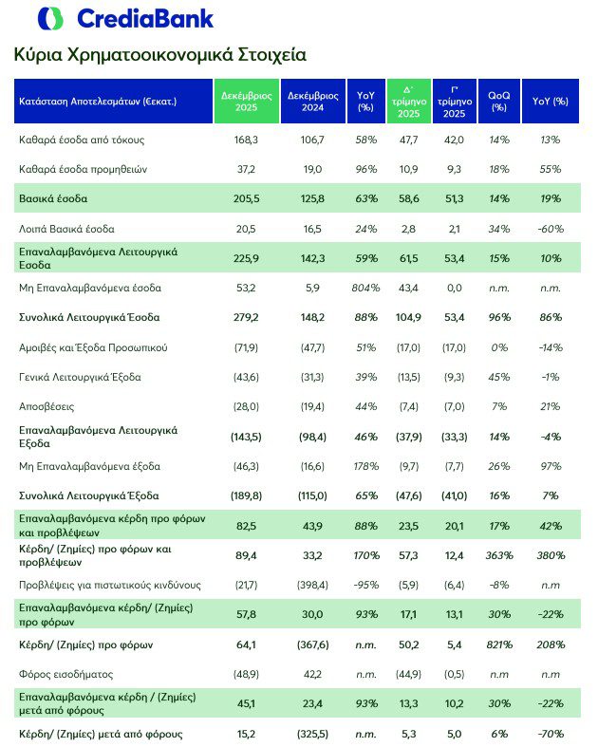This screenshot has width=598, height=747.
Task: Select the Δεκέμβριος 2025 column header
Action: [x=247, y=102]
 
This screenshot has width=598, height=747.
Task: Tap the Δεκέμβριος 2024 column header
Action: [x=314, y=102]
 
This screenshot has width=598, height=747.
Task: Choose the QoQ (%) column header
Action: [x=498, y=102]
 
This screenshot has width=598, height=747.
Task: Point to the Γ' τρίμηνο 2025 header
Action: [x=452, y=101]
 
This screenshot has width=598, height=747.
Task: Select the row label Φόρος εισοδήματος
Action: [x=64, y=674]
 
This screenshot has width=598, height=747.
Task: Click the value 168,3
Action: [x=247, y=140]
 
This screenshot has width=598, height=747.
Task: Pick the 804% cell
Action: [x=366, y=287]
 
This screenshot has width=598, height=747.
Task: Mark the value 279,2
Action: [x=247, y=316]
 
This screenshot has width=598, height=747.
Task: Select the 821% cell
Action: [x=498, y=644]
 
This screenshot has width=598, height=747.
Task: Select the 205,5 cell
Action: [x=247, y=198]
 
